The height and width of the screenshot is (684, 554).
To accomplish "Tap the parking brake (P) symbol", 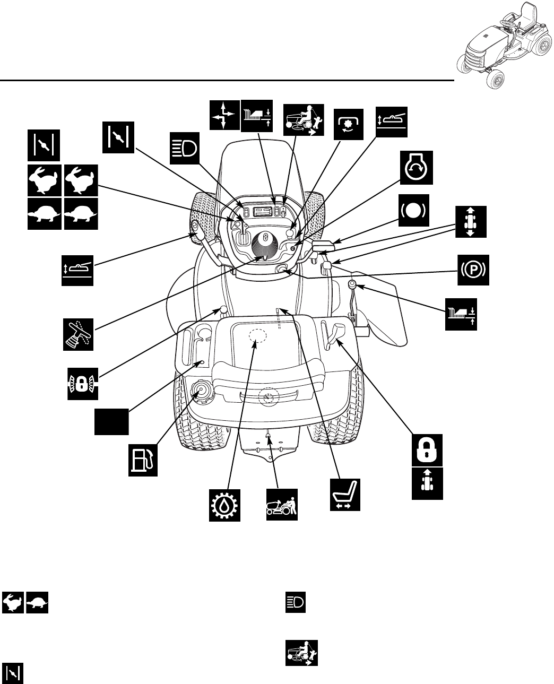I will click(x=473, y=271).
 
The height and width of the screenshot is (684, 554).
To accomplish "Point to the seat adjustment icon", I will click(x=345, y=495).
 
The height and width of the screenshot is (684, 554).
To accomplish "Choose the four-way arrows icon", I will click(x=223, y=114).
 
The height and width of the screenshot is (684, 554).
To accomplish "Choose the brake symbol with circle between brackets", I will click(x=415, y=210).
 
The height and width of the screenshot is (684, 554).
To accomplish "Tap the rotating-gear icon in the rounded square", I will click(x=349, y=123).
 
